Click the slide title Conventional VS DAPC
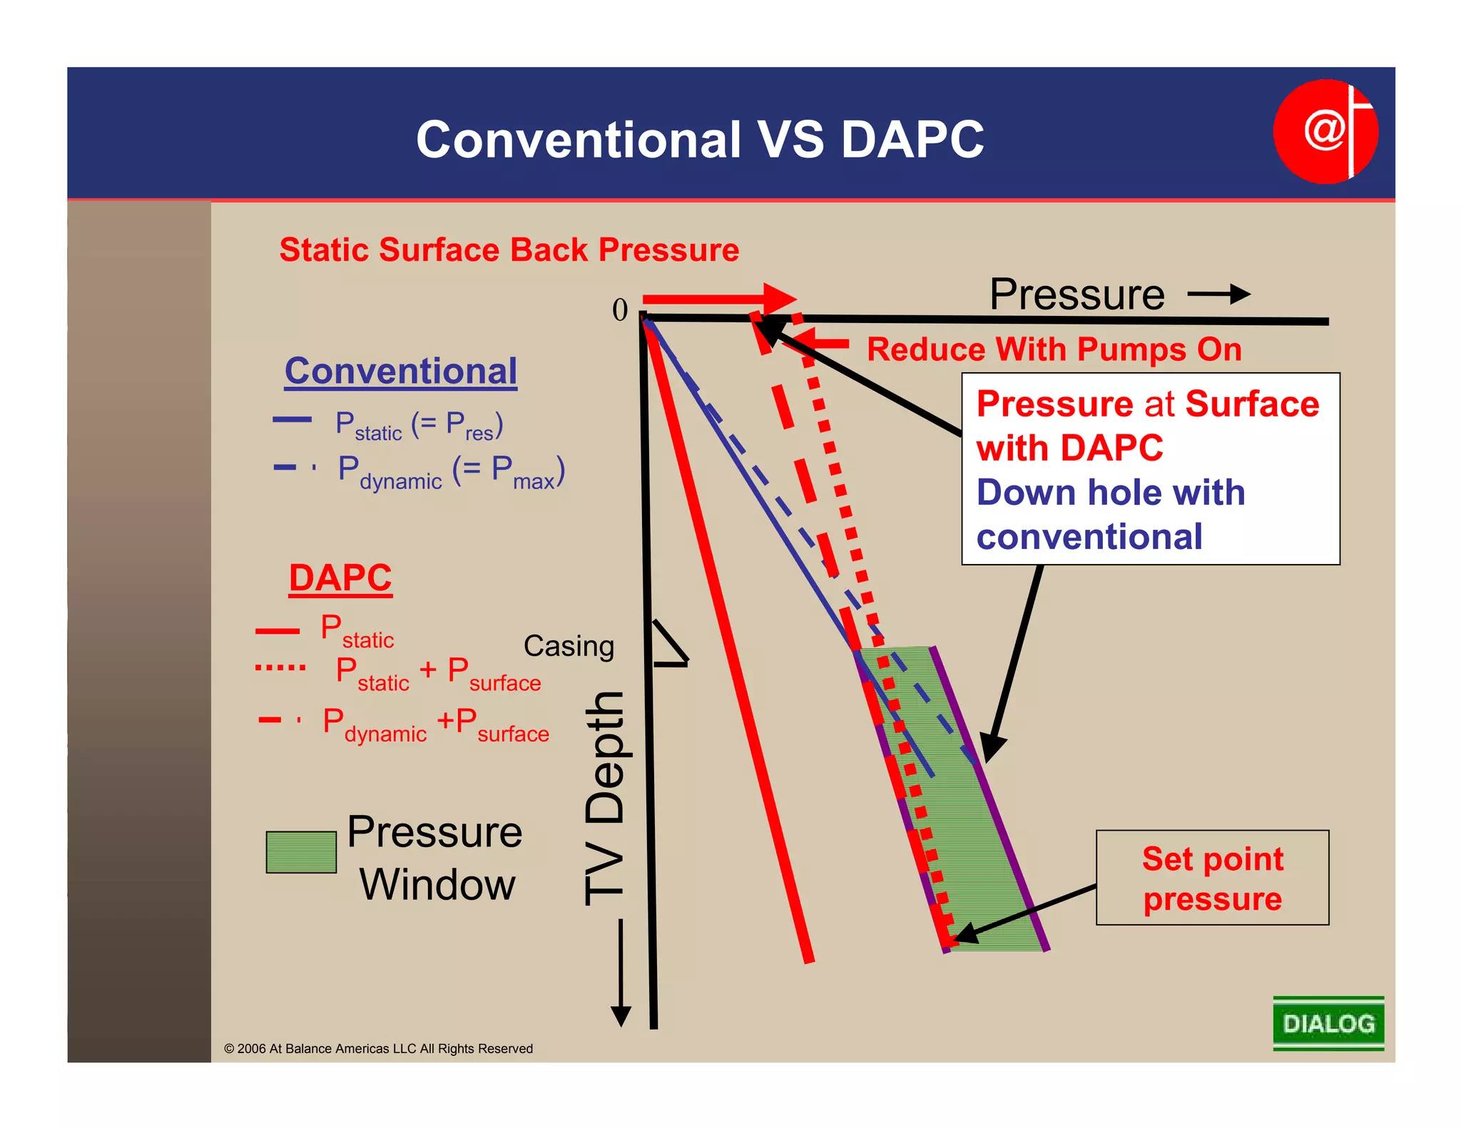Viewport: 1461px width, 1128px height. tap(700, 139)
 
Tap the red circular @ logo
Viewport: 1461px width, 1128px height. tap(1325, 132)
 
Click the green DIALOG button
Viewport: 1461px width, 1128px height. tap(1328, 1023)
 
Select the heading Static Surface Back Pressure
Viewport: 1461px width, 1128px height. tap(509, 250)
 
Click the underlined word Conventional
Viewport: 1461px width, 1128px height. tap(401, 371)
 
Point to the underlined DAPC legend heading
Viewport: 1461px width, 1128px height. tap(340, 578)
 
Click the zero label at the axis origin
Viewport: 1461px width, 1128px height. tap(620, 310)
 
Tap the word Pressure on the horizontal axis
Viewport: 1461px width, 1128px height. tap(1076, 294)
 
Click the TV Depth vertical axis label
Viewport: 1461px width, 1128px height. tap(605, 799)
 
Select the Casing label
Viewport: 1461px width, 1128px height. tap(569, 646)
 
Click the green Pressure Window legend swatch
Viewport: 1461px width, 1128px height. tap(301, 852)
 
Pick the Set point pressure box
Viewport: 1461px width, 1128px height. tap(1212, 878)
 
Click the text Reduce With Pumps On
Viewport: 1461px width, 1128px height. tap(1054, 350)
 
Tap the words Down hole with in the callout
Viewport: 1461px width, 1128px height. tap(1110, 493)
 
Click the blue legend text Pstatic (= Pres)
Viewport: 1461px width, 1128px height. tap(419, 426)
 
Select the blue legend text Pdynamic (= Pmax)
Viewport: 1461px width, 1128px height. tap(451, 473)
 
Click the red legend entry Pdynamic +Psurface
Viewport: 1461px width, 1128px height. tap(435, 724)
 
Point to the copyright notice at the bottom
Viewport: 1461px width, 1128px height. tap(379, 1048)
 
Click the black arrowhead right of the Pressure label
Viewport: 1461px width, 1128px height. tap(1240, 294)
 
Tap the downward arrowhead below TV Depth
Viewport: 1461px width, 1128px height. tap(621, 1015)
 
